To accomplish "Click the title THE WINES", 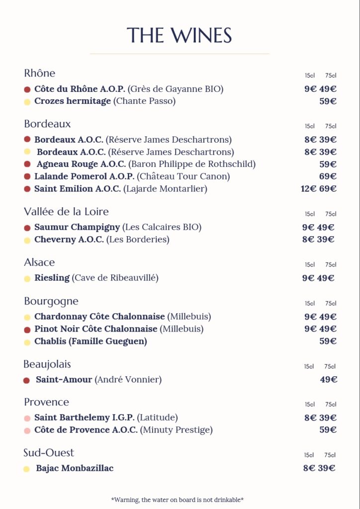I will point(180,36).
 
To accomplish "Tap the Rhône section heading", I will point(40,74).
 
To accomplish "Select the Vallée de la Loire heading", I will point(66,212).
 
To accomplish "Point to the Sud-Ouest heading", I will point(49,453).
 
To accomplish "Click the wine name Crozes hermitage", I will point(73,101).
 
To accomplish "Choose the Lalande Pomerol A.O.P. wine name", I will point(85,176).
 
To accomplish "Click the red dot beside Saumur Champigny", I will point(27,228).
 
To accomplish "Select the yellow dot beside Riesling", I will point(27,278).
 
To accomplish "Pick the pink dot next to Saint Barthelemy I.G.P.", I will point(27,418).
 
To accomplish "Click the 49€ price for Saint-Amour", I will point(329,380).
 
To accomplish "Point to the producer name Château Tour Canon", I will point(183,176).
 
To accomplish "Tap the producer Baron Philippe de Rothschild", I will point(192,164).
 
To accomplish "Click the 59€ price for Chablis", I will point(328,341).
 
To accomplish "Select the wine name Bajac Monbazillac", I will point(75,468).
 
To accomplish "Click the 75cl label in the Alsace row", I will point(331,265).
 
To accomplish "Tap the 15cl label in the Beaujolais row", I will point(309,367).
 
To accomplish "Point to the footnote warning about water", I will point(177,500).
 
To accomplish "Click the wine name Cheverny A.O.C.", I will point(69,240).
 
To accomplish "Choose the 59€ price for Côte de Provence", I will point(328,430).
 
